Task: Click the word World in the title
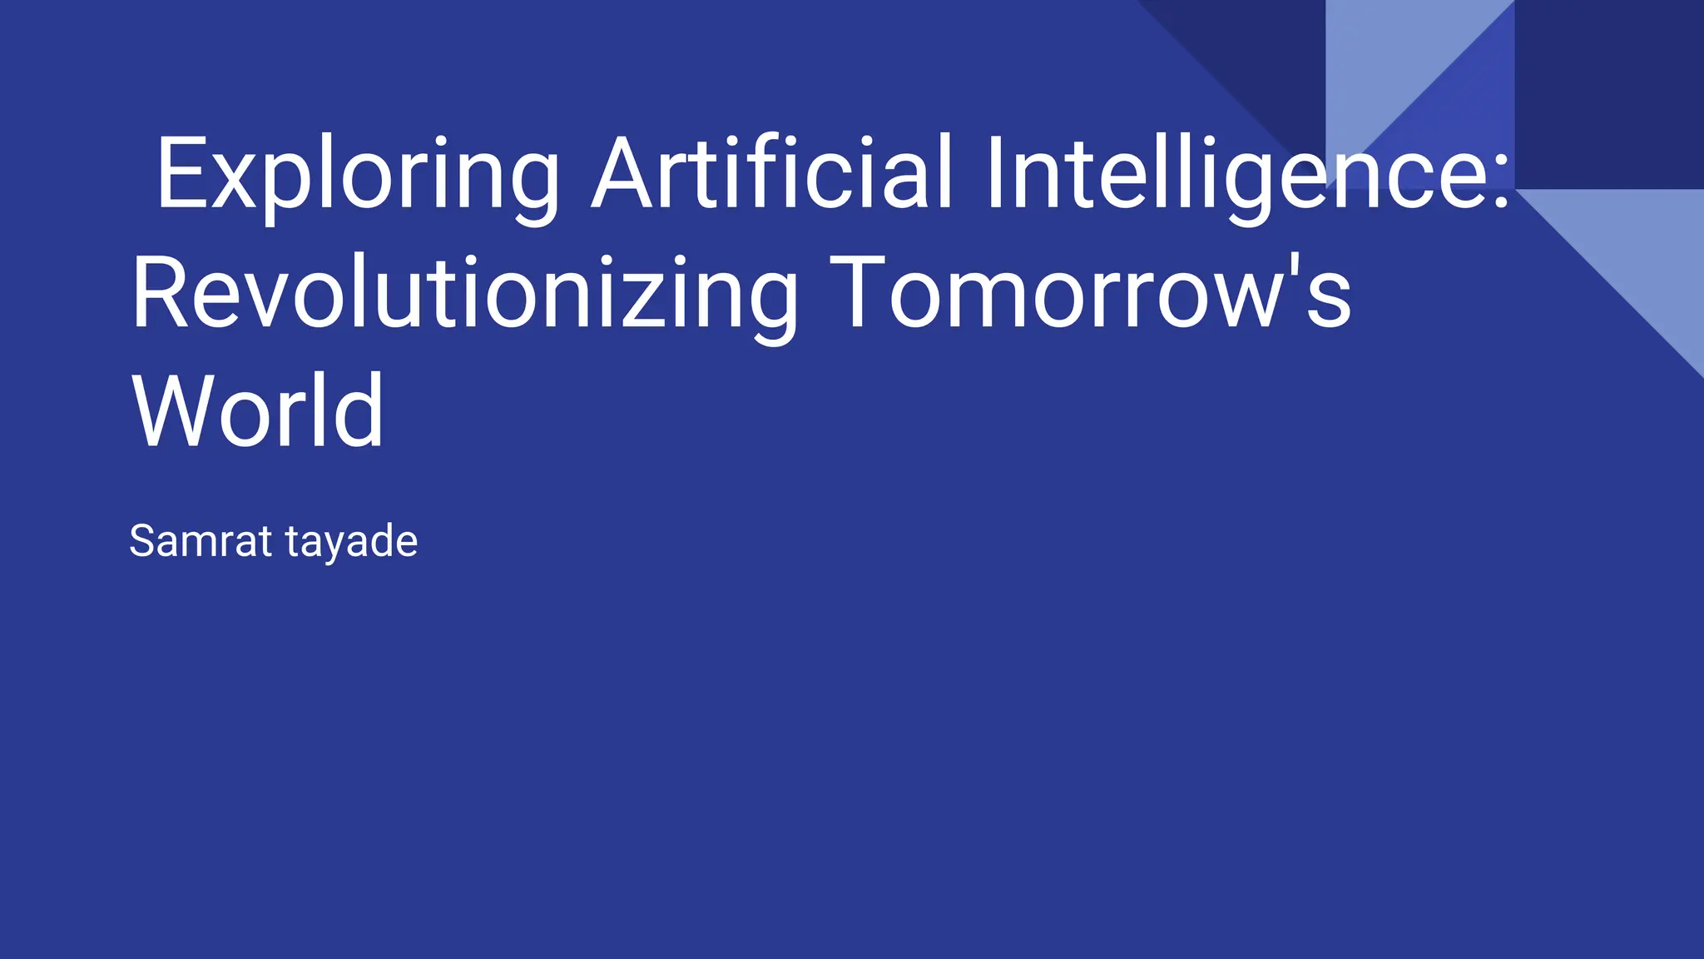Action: click(258, 412)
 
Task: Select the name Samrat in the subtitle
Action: click(201, 541)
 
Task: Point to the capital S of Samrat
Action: click(144, 541)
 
